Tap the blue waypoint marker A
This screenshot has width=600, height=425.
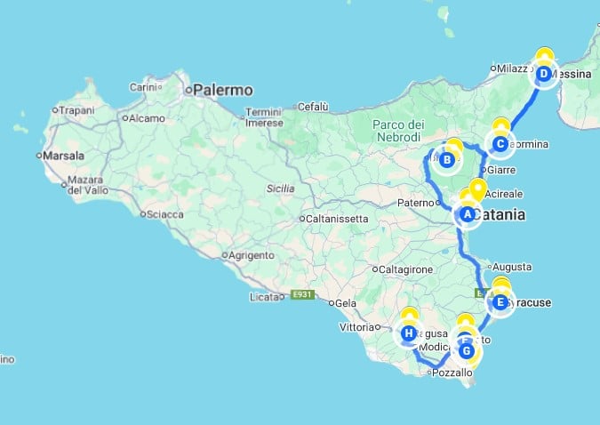(467, 214)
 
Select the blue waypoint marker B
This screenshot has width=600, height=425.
(447, 160)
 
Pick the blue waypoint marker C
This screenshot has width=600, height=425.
(500, 143)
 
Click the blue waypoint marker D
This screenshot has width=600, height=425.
(543, 74)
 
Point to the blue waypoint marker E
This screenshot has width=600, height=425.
(500, 303)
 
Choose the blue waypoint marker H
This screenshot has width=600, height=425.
(409, 334)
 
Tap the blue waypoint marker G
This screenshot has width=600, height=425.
(466, 350)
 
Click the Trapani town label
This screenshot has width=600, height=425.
(78, 111)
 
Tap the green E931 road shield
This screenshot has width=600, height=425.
(303, 295)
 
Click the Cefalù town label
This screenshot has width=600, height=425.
(312, 107)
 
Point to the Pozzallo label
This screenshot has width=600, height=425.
(452, 373)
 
